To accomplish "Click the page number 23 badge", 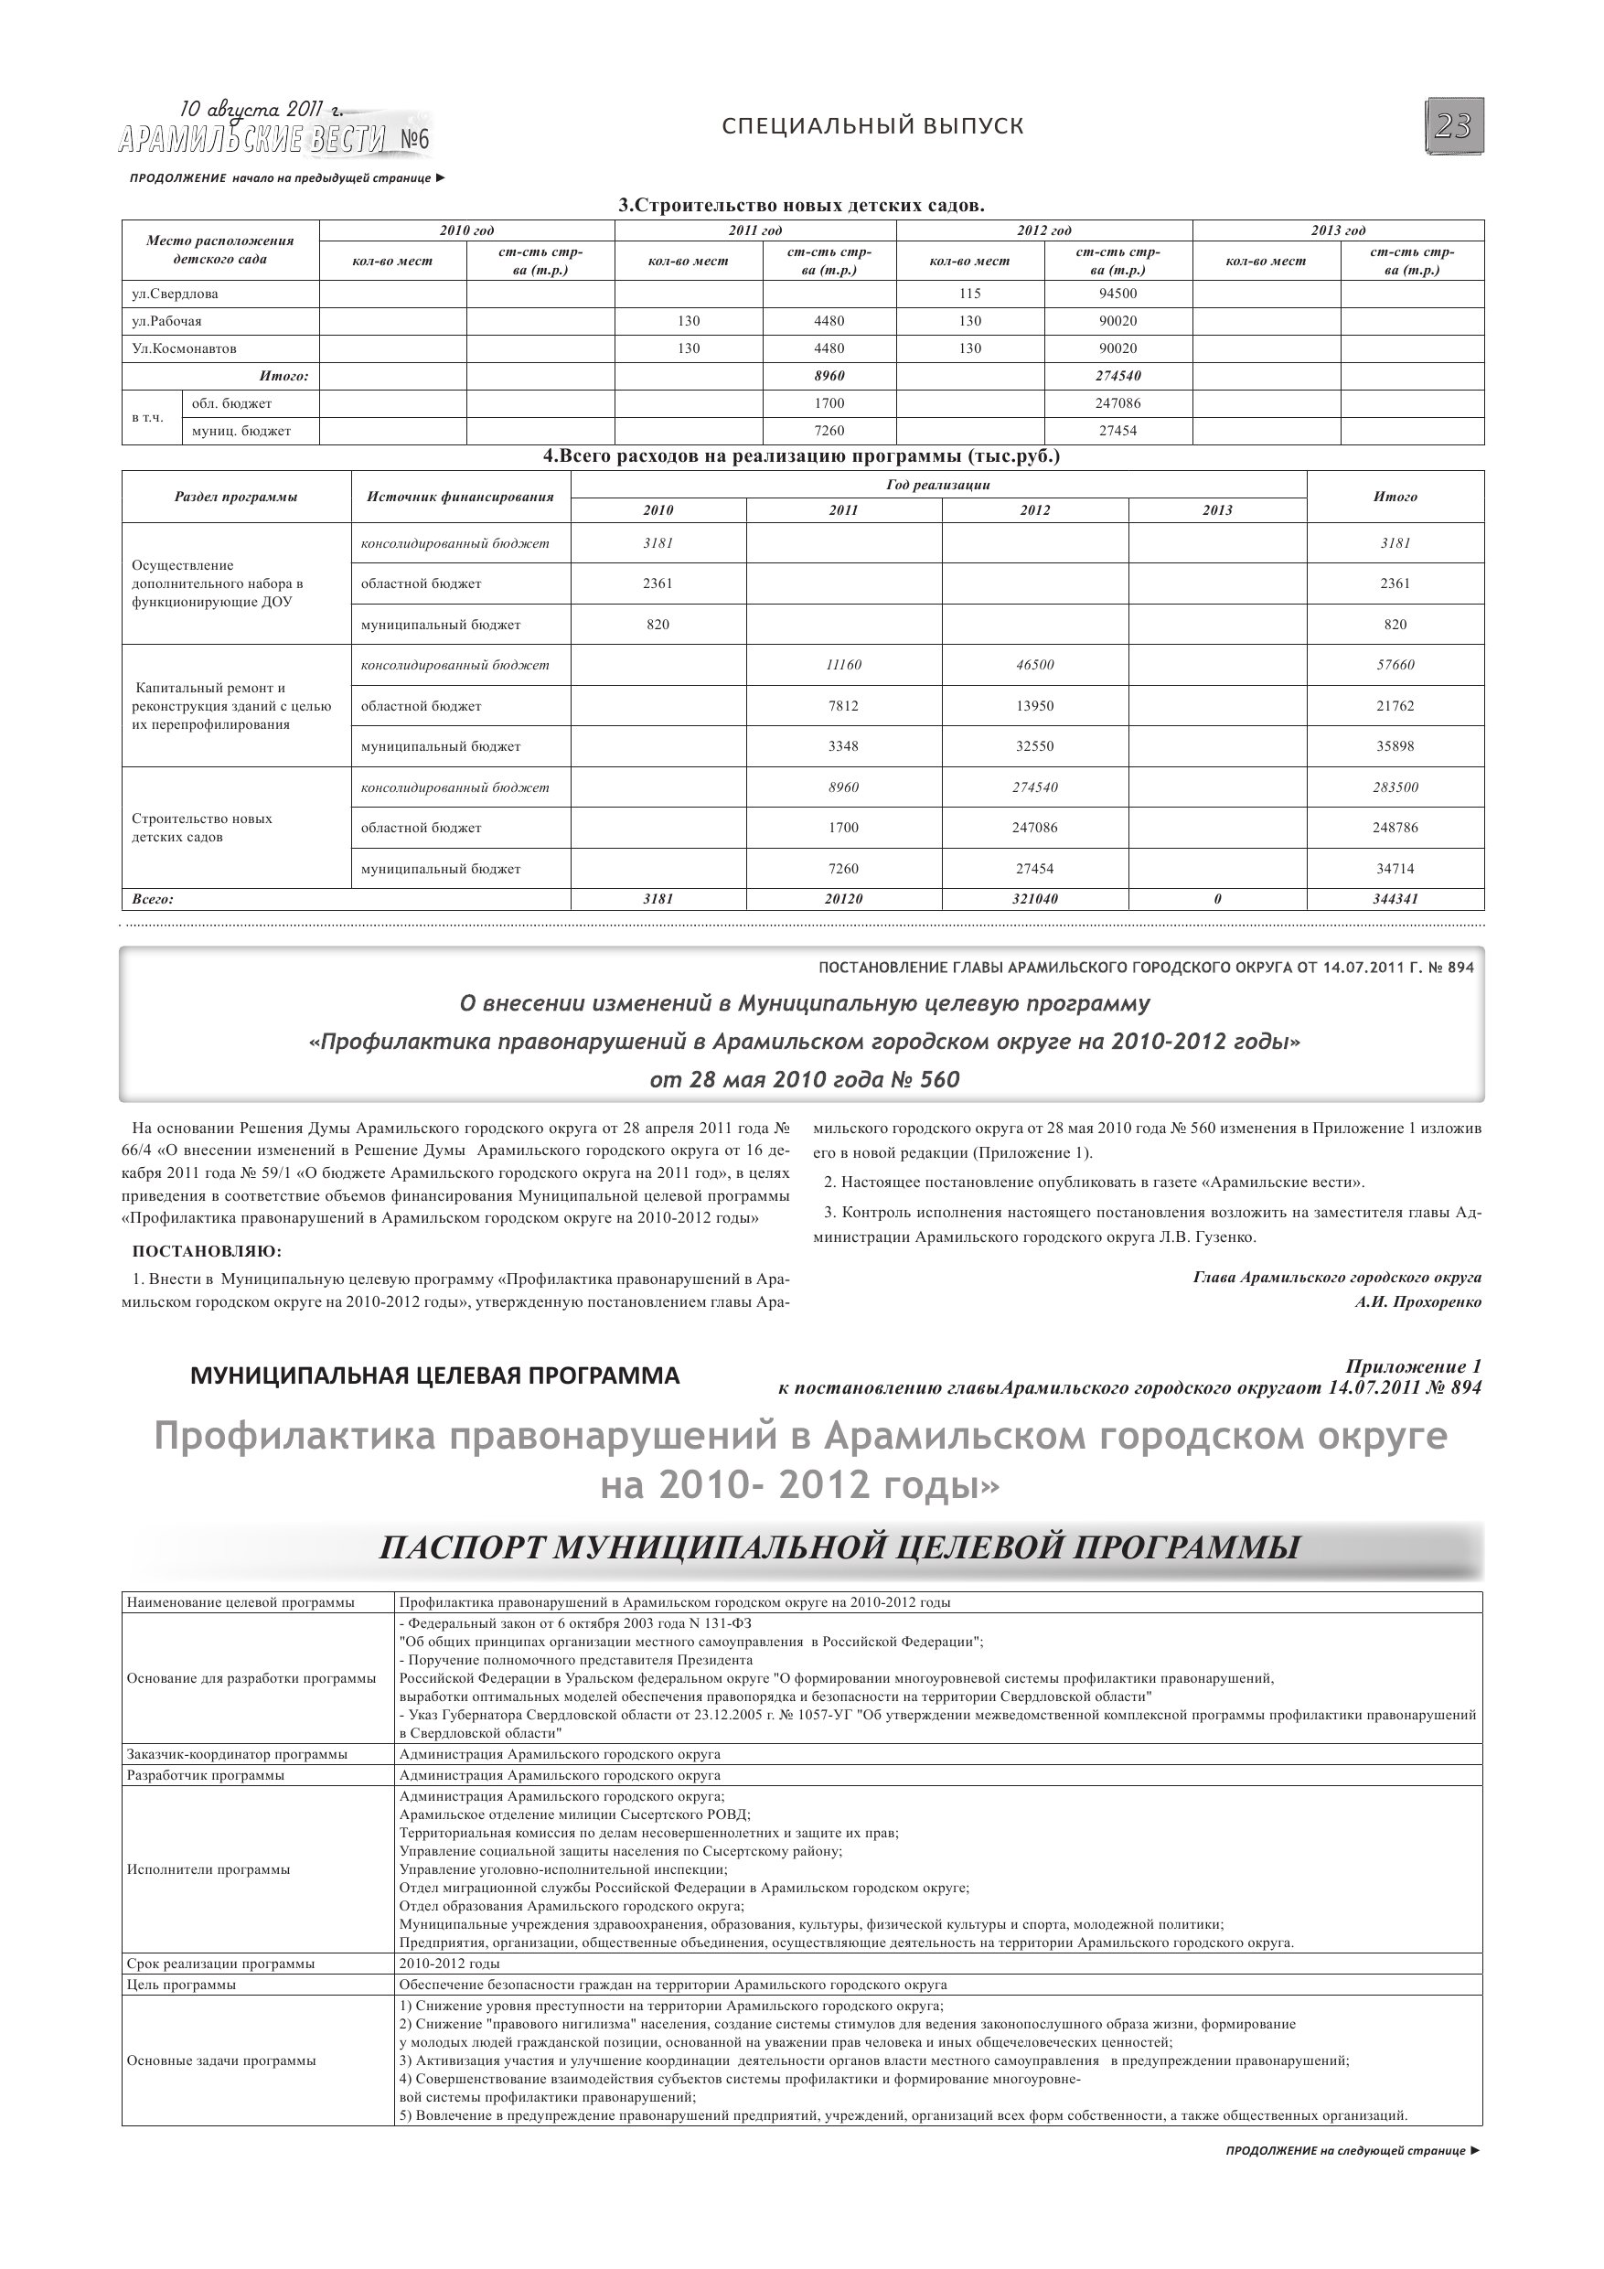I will pos(1454,126).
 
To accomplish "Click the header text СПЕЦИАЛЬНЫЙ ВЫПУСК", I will pos(872,126).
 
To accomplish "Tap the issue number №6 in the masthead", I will pos(415,140).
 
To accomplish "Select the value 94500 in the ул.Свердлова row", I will pos(1117,294).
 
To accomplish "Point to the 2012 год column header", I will pos(1043,230).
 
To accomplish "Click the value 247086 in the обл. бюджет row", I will pos(1117,403).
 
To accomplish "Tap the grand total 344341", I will pos(1395,899).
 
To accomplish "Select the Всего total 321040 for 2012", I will pos(1035,899).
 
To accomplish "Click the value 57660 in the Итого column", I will pos(1395,665).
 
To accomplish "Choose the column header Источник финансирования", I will pos(460,496).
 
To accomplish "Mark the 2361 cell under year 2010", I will pos(658,583).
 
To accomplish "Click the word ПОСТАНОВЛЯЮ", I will pos(207,1252).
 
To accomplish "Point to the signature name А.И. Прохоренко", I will pos(1418,1301).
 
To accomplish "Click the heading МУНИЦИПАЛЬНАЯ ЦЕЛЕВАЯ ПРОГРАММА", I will pos(435,1375).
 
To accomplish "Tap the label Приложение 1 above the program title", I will pos(1413,1366).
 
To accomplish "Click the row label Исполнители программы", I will pos(209,1868).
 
